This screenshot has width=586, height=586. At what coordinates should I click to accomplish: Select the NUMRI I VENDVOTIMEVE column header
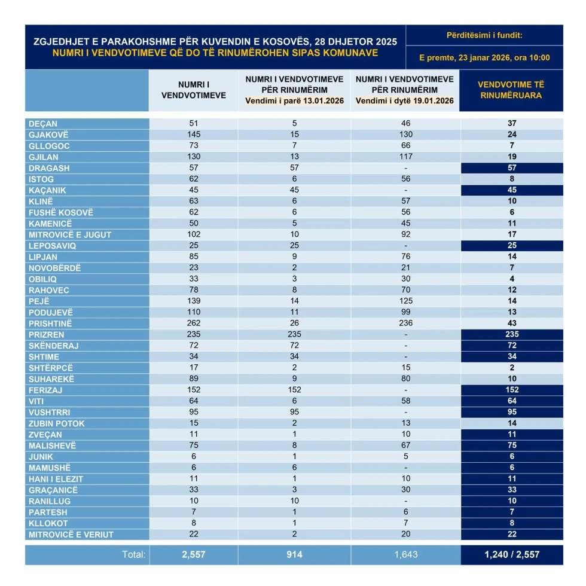coord(193,90)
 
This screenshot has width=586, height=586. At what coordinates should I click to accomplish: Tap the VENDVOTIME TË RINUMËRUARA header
coord(511,90)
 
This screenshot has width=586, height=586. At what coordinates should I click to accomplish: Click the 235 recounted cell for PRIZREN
coord(511,334)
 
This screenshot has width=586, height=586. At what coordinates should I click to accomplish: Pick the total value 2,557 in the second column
coord(193,554)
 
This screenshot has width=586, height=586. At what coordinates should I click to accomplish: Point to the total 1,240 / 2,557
coord(511,554)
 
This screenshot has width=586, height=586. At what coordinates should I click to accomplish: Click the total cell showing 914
coord(294,554)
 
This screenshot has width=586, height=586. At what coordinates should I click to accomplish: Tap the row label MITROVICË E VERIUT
coord(71,535)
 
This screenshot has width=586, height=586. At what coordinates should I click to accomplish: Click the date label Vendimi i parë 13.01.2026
coord(294,101)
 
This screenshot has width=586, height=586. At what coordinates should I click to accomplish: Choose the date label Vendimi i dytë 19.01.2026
coord(405,101)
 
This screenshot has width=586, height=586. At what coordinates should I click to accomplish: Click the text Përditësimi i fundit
coord(484,35)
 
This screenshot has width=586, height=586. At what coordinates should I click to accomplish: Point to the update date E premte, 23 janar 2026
coord(484,58)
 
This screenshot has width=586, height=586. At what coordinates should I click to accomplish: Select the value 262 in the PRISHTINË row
coord(193,323)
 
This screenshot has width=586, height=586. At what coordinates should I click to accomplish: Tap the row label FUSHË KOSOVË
coord(61,212)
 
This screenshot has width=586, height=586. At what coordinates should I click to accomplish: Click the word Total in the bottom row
coord(134,554)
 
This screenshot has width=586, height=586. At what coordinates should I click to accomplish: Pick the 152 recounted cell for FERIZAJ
coord(511,390)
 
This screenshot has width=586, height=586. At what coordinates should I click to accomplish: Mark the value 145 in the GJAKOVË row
coord(193,135)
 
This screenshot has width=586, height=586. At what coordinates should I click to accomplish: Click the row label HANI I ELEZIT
coord(56,479)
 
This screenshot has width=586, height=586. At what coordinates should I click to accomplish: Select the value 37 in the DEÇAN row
coord(511,123)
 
